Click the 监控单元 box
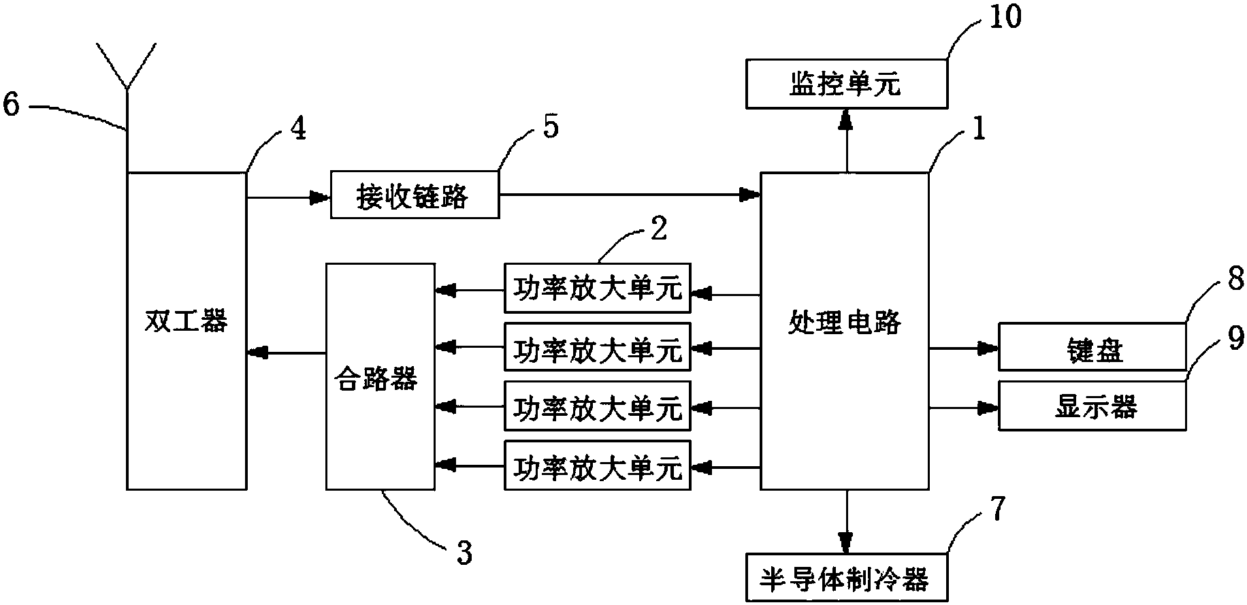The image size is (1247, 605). pos(846,84)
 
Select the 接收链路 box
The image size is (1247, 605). pos(414,195)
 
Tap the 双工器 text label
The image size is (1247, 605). pos(187,321)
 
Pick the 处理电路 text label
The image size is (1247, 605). pos(844,321)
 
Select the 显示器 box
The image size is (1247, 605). pos(1092,406)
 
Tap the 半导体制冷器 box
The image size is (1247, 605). pos(846,578)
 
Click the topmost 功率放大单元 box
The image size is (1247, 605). pos(597,288)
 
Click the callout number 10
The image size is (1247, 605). pos(1005,17)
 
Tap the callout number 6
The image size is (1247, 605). pos(12,105)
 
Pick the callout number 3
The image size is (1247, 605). pos(464,552)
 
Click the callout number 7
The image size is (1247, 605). pos(996,509)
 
